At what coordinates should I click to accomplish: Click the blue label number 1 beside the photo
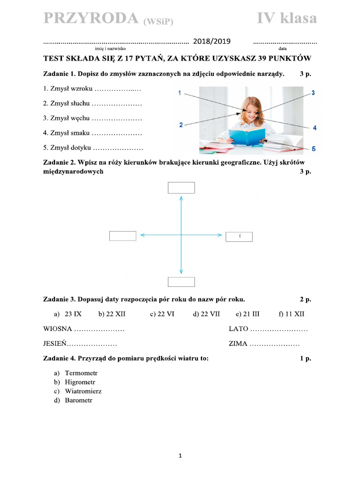point(179,93)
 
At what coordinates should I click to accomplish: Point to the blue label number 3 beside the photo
point(313,93)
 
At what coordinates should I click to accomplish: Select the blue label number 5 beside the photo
point(314,149)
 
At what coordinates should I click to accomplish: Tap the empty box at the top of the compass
point(181,188)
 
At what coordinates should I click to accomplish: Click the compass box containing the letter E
point(239,236)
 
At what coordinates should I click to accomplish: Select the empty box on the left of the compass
point(123,236)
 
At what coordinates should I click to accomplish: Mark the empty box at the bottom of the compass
point(181,282)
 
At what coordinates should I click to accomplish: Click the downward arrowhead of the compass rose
point(181,271)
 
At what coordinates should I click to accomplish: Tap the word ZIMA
point(238,344)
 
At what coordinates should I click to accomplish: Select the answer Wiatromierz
point(83,391)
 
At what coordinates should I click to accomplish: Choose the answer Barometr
point(79,400)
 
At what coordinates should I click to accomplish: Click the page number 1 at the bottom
point(180,455)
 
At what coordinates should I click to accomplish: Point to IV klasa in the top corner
point(286,18)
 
